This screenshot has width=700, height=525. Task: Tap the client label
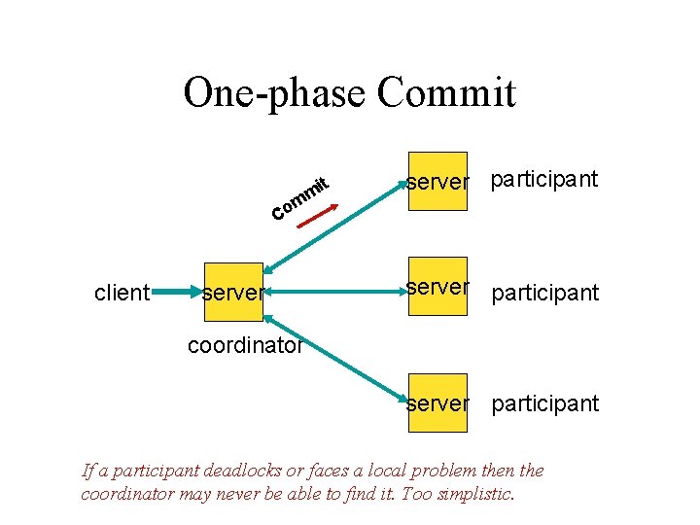coord(122,292)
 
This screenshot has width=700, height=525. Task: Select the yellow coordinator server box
coord(233,291)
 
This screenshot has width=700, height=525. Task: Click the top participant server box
coord(437,181)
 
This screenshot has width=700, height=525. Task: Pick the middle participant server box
coord(437,288)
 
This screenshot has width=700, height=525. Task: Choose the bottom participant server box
coord(437,402)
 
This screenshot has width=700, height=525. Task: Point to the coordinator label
coord(245,345)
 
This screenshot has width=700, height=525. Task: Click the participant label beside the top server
coord(544,180)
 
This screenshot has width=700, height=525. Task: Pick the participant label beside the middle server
coord(545,293)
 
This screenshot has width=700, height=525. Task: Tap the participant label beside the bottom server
coord(545,403)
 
